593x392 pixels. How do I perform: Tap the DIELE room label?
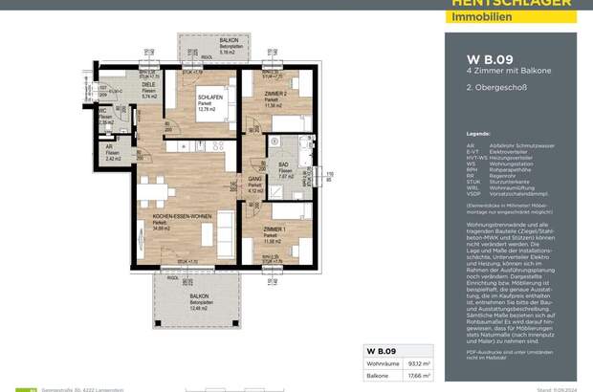(x=147, y=87)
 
